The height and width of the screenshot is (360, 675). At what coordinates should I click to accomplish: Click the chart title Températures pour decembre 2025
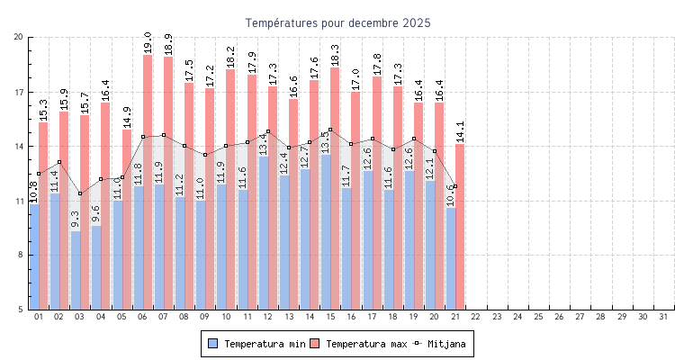point(337,22)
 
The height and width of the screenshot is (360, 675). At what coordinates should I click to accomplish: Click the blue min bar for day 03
point(76,270)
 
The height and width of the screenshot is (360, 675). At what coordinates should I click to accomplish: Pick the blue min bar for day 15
point(325,234)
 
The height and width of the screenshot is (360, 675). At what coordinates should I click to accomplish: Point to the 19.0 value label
point(148,42)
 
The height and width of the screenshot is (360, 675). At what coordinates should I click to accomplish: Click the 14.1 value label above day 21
point(460,131)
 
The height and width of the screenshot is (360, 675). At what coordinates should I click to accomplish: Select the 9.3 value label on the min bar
point(76,220)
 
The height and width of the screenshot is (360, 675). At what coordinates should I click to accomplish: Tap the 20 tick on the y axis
point(19,37)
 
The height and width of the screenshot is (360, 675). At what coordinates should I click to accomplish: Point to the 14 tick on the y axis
point(19,146)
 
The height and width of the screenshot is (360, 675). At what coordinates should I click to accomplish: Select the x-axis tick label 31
point(663,317)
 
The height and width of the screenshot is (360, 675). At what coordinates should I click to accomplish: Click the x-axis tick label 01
point(39,317)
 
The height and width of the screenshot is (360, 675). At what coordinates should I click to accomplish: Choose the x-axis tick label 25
point(538,317)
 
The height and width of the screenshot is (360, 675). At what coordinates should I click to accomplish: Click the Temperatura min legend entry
point(256,344)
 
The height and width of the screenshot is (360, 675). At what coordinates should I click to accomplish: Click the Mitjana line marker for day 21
point(455,186)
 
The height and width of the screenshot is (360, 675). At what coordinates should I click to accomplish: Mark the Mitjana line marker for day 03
point(80,193)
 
